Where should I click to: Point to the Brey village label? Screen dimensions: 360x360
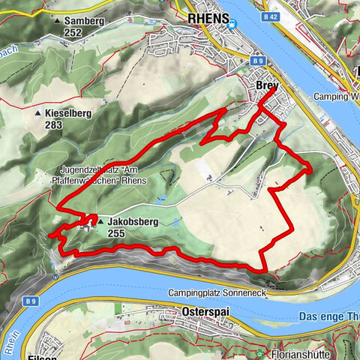click(266, 85)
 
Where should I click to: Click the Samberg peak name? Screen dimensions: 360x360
click(83, 21)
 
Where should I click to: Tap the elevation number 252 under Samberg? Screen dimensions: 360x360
click(72, 33)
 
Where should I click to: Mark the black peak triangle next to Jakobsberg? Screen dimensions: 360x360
click(99, 223)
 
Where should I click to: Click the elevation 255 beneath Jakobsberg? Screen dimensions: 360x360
click(115, 234)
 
